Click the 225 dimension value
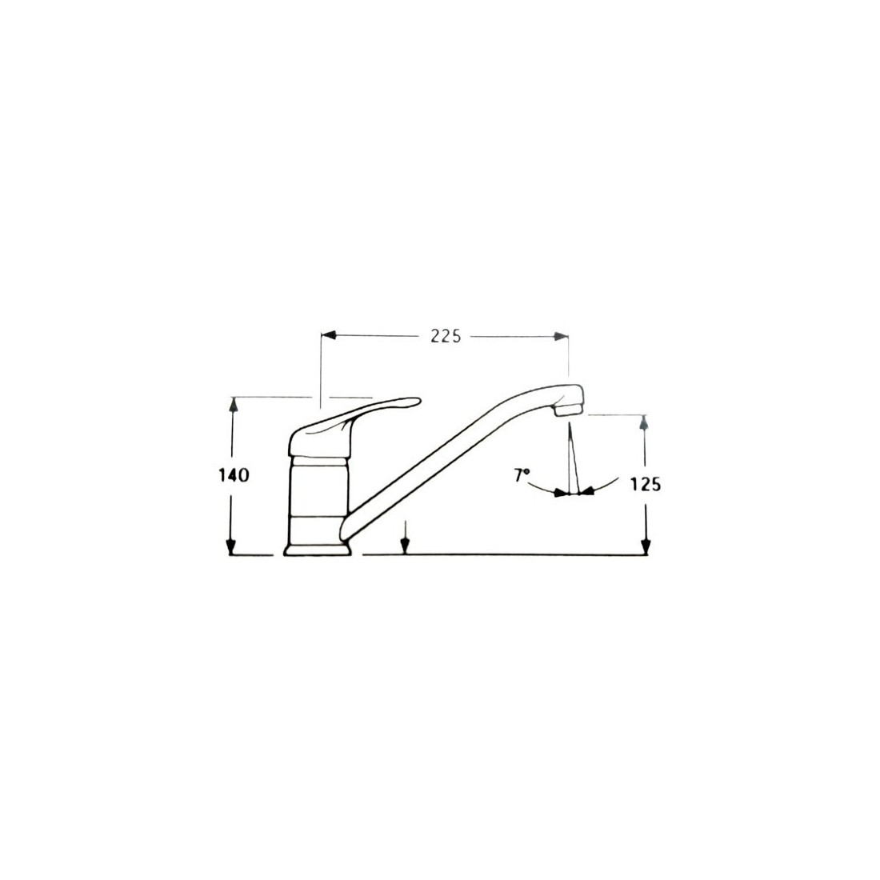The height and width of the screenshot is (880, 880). tap(446, 336)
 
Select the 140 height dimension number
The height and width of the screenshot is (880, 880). tap(233, 474)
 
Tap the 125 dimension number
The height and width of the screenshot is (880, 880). tap(646, 484)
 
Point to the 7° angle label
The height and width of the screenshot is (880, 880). tap(522, 475)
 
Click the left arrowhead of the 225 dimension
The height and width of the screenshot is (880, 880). tap(328, 336)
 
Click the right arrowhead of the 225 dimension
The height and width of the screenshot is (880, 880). tap(561, 336)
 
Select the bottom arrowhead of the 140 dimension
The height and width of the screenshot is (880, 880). tap(230, 547)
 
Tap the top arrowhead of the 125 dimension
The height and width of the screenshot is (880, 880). tap(644, 422)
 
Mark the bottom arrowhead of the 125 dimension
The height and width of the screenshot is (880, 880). tap(646, 547)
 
